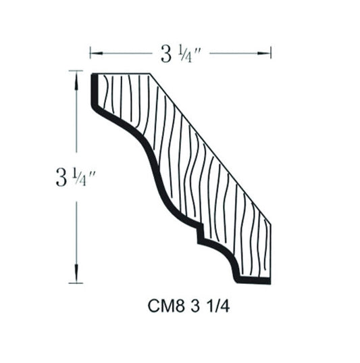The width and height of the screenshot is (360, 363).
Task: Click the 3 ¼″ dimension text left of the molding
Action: click(x=74, y=177)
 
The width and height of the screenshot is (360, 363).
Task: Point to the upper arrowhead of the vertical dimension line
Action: click(x=76, y=75)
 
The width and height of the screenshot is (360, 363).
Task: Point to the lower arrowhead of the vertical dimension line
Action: click(x=76, y=278)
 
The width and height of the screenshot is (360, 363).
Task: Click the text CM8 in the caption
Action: click(x=159, y=305)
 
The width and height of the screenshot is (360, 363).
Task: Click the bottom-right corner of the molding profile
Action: click(x=270, y=282)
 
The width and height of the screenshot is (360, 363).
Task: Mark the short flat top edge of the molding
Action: click(x=122, y=73)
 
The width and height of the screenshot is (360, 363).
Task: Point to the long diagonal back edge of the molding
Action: click(x=209, y=147)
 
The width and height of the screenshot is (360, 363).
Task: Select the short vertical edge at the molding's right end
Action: click(x=270, y=250)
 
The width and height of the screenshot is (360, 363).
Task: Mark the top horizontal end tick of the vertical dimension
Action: click(x=76, y=70)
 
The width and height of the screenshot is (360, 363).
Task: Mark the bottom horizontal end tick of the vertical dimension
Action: click(x=76, y=283)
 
